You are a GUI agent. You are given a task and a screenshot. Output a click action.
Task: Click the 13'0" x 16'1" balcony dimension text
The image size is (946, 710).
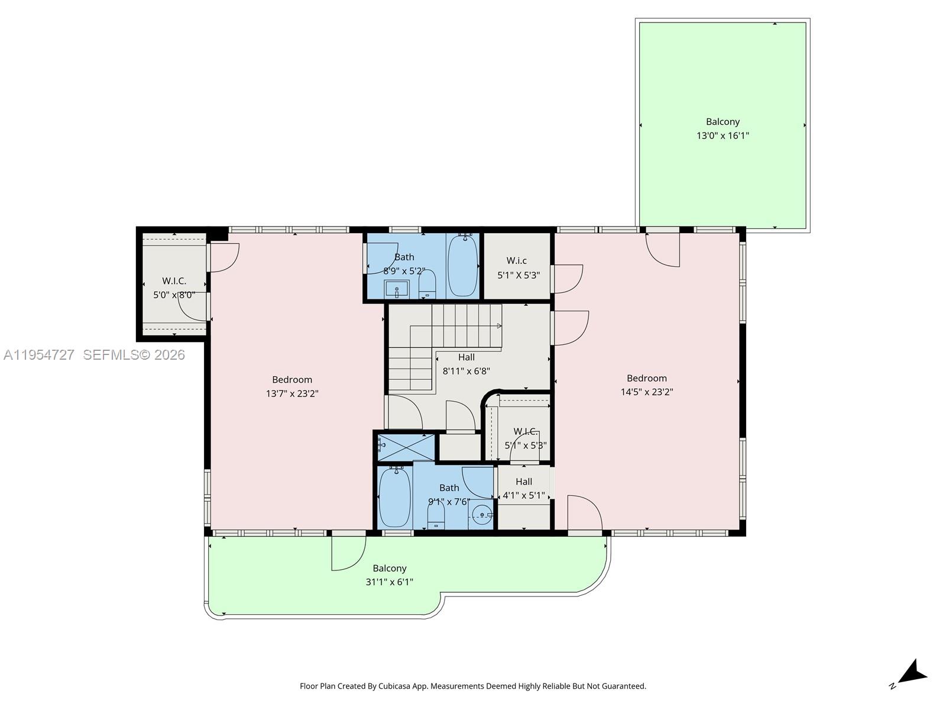click(723, 135)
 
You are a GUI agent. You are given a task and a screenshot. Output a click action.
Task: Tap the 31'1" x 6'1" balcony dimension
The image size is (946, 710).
click(389, 582)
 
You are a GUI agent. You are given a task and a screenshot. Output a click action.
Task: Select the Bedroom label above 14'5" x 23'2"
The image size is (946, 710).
click(646, 378)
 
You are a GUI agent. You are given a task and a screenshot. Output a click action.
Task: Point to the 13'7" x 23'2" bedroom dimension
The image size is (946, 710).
click(292, 393)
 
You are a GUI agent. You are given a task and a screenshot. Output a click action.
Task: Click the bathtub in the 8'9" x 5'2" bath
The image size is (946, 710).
click(462, 266)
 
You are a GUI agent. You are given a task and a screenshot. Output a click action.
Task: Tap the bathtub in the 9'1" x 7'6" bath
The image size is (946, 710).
click(394, 497)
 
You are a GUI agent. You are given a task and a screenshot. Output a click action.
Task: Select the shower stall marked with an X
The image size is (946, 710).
click(406, 447)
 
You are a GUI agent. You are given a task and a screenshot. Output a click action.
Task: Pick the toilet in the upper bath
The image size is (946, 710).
click(427, 285)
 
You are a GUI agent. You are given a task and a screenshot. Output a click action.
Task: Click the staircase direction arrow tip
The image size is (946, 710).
click(500, 326)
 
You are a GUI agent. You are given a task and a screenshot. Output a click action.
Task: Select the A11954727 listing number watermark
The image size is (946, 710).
click(39, 355)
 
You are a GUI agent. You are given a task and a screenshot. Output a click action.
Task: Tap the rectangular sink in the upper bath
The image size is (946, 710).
click(396, 290)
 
